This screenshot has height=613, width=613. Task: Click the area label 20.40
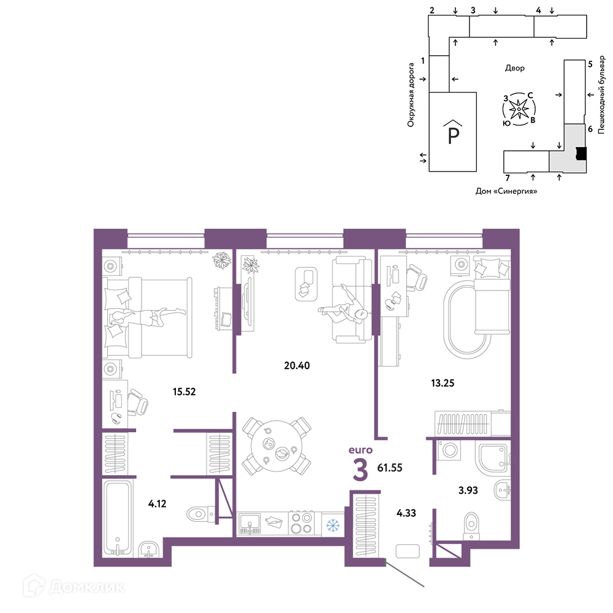click(x=297, y=365)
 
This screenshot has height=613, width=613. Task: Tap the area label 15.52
click(x=184, y=391)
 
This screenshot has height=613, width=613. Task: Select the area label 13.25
click(x=443, y=383)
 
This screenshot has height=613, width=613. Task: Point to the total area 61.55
click(x=390, y=468)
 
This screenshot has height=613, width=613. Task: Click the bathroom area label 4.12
click(x=157, y=503)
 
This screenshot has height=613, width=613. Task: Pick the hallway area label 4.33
click(x=406, y=513)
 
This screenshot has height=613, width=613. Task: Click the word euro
click(x=360, y=450)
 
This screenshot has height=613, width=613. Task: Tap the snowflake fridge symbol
click(x=333, y=525)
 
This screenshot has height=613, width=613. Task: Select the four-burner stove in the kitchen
click(x=302, y=523)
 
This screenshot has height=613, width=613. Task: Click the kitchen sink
click(x=249, y=524)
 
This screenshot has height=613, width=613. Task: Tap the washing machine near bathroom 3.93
click(x=449, y=450)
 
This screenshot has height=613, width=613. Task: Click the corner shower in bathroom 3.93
click(x=493, y=457)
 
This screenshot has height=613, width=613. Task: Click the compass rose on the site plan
click(x=519, y=109)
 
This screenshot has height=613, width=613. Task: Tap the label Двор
click(x=514, y=68)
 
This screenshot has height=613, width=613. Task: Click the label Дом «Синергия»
click(x=506, y=191)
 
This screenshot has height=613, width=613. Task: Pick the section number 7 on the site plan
click(x=508, y=178)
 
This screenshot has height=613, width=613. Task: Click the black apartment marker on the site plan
click(x=581, y=153)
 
